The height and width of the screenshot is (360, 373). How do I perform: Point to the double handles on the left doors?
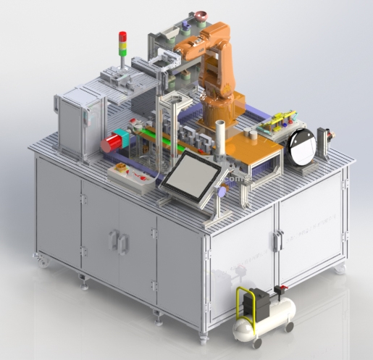pyautogui.click(x=117, y=240)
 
